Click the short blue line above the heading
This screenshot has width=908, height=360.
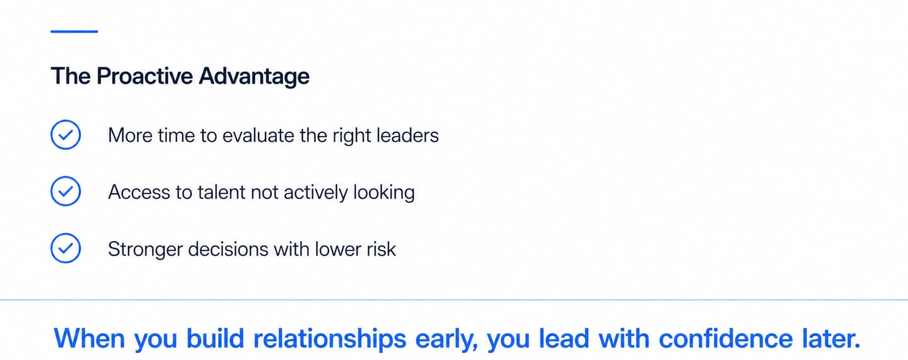click(74, 31)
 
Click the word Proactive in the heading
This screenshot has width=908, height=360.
click(144, 76)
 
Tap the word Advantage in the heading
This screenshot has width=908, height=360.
click(254, 76)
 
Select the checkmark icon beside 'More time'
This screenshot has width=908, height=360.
click(66, 135)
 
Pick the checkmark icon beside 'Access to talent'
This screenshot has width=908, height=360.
click(66, 192)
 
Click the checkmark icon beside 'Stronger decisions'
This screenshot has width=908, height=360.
click(66, 248)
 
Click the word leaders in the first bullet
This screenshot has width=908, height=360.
click(408, 135)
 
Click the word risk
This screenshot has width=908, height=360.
click(380, 248)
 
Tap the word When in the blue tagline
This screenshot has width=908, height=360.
click(90, 339)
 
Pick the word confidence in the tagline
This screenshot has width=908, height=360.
click(725, 339)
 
